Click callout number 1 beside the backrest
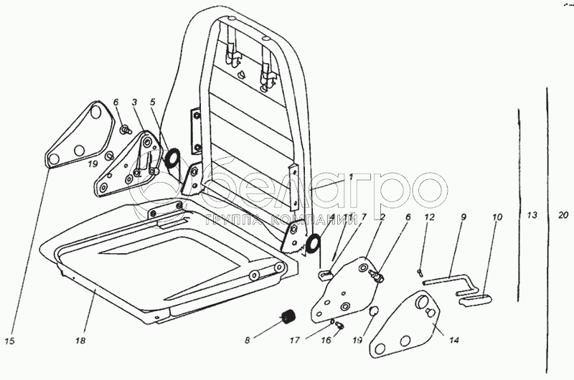[x=351, y=176]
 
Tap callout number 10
[x=497, y=217]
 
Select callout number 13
[x=531, y=217]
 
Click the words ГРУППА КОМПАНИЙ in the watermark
[x=270, y=220]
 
